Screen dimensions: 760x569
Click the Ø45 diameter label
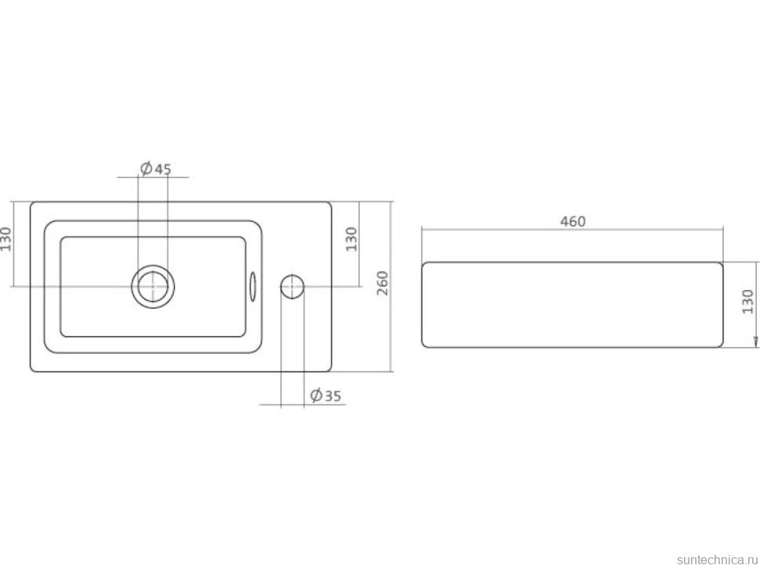(x=156, y=169)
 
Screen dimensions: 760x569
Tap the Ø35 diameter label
(x=326, y=396)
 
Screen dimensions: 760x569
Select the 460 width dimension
(x=573, y=222)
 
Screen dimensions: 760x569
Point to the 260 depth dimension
(x=382, y=283)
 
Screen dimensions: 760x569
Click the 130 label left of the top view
(x=5, y=239)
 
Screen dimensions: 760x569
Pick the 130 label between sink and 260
(x=352, y=239)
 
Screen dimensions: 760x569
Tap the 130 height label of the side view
(x=748, y=302)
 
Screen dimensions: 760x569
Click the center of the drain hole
(x=153, y=286)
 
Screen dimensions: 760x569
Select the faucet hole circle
(x=292, y=286)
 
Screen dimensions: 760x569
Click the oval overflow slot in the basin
(x=252, y=286)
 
